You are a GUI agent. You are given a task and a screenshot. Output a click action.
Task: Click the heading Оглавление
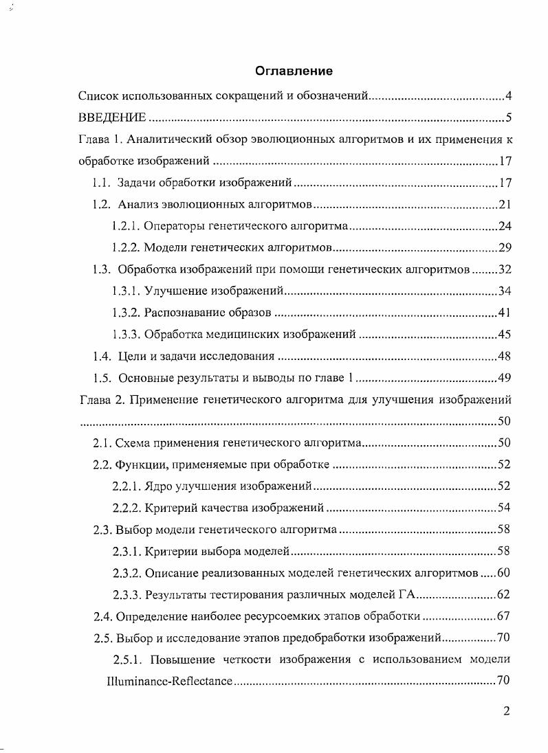(x=294, y=71)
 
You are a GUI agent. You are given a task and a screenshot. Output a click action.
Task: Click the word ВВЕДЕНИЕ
(x=112, y=117)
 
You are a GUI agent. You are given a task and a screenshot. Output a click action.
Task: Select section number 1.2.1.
(x=126, y=226)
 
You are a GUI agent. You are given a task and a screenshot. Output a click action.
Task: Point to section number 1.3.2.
(x=126, y=313)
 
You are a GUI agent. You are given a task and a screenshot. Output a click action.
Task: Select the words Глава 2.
(x=101, y=399)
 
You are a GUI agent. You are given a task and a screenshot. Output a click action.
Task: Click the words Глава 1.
(x=101, y=139)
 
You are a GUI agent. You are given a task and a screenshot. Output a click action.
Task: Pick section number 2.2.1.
(x=127, y=486)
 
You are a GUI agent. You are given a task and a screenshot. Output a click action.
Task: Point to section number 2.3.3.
(x=127, y=595)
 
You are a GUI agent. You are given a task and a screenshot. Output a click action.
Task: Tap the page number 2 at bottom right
(x=506, y=711)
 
